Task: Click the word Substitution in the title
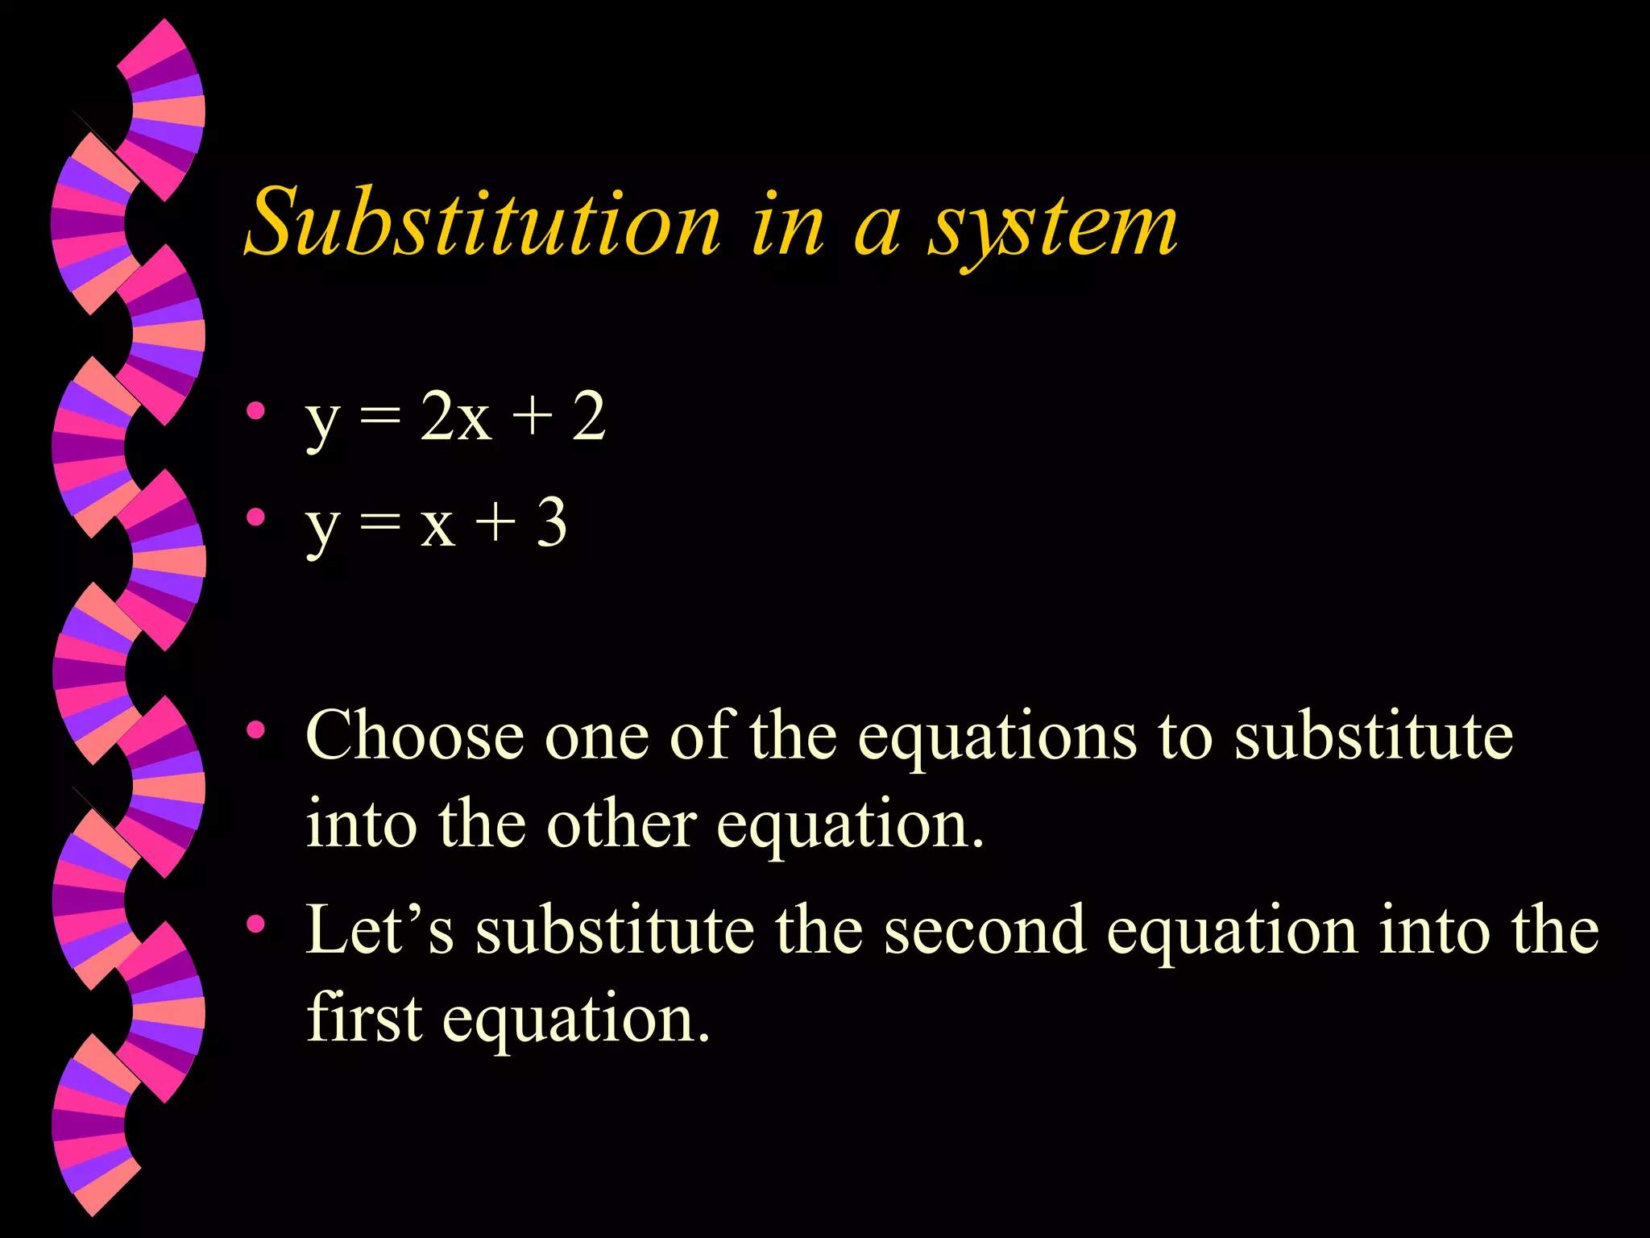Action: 483,222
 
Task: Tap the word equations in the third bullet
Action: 997,737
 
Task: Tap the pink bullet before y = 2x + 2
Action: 256,411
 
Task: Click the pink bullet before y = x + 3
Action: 256,517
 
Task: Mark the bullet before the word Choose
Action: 256,730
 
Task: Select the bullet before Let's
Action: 256,924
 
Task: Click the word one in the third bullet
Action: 596,737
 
